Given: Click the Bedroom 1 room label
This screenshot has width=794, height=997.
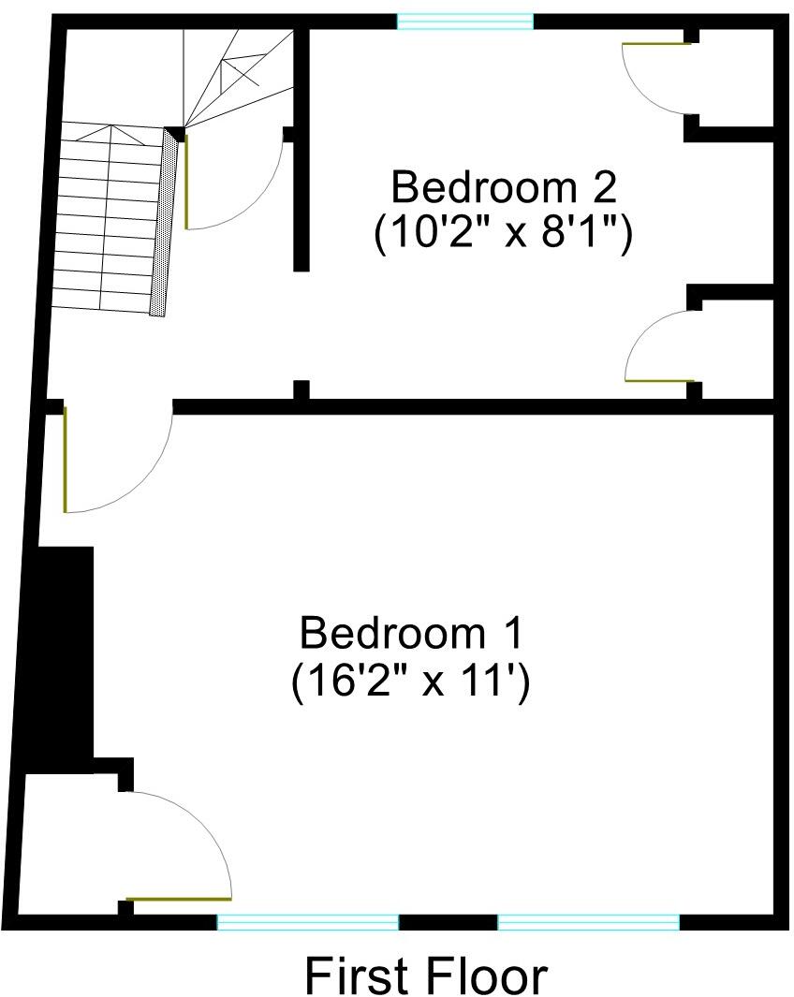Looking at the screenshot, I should coord(410,634).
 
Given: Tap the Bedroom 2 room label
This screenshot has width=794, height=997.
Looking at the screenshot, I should coord(504,187).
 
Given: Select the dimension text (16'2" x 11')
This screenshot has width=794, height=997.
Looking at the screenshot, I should coord(410,682).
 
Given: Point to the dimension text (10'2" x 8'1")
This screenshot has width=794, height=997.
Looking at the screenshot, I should coord(504,234).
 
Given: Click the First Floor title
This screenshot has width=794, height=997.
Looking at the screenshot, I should coord(426,975).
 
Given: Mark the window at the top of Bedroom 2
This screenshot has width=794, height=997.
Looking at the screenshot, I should coord(465,21).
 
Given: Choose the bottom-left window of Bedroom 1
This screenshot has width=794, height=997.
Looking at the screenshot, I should coord(308,922).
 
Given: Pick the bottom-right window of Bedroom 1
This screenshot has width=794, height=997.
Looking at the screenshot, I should coord(588,922).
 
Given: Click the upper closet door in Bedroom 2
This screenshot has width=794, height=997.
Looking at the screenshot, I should coord(657,44).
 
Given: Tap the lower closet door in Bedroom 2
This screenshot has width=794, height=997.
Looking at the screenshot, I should coord(660,380).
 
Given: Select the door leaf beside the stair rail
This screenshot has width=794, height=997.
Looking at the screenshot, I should coord(186,182).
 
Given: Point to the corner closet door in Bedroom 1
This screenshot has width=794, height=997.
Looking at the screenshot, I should coord(178,899).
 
